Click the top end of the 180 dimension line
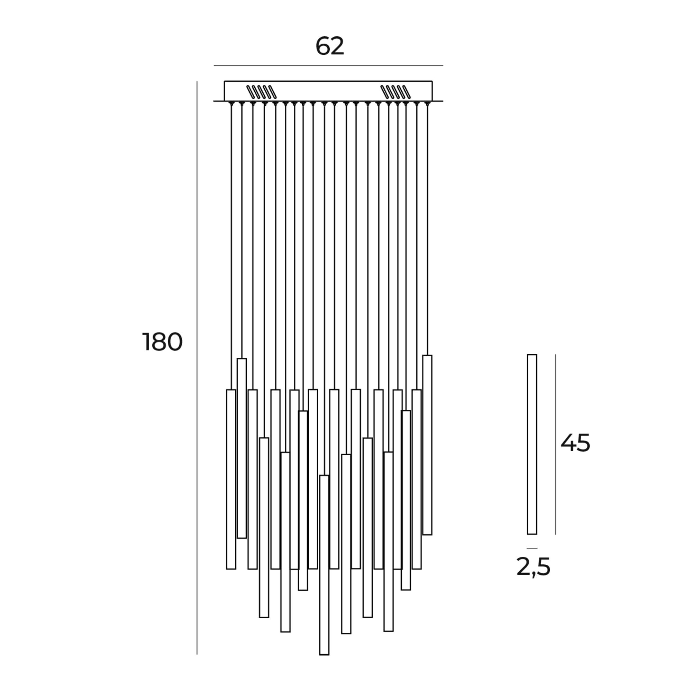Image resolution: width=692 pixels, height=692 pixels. tap(197, 81)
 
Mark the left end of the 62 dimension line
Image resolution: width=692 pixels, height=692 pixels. tap(214, 65)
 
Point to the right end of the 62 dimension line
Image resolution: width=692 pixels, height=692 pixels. tap(443, 65)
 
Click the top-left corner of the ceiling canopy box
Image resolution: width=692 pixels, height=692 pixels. tap(225, 81)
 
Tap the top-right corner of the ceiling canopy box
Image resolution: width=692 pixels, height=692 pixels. tap(432, 81)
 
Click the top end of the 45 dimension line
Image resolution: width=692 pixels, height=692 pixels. tap(556, 355)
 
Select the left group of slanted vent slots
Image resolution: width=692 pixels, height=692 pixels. tap(262, 92)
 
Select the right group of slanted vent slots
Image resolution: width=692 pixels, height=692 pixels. tap(395, 92)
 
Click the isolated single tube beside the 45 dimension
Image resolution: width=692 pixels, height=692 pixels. tap(532, 445)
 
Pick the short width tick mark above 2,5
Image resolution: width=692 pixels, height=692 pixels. tap(532, 548)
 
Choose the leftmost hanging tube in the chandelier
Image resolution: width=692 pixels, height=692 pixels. tap(231, 479)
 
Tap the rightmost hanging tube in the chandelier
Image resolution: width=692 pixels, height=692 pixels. tap(427, 445)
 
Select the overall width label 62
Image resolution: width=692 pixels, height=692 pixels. tap(330, 46)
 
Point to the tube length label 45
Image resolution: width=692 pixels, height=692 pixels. tap(575, 443)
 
